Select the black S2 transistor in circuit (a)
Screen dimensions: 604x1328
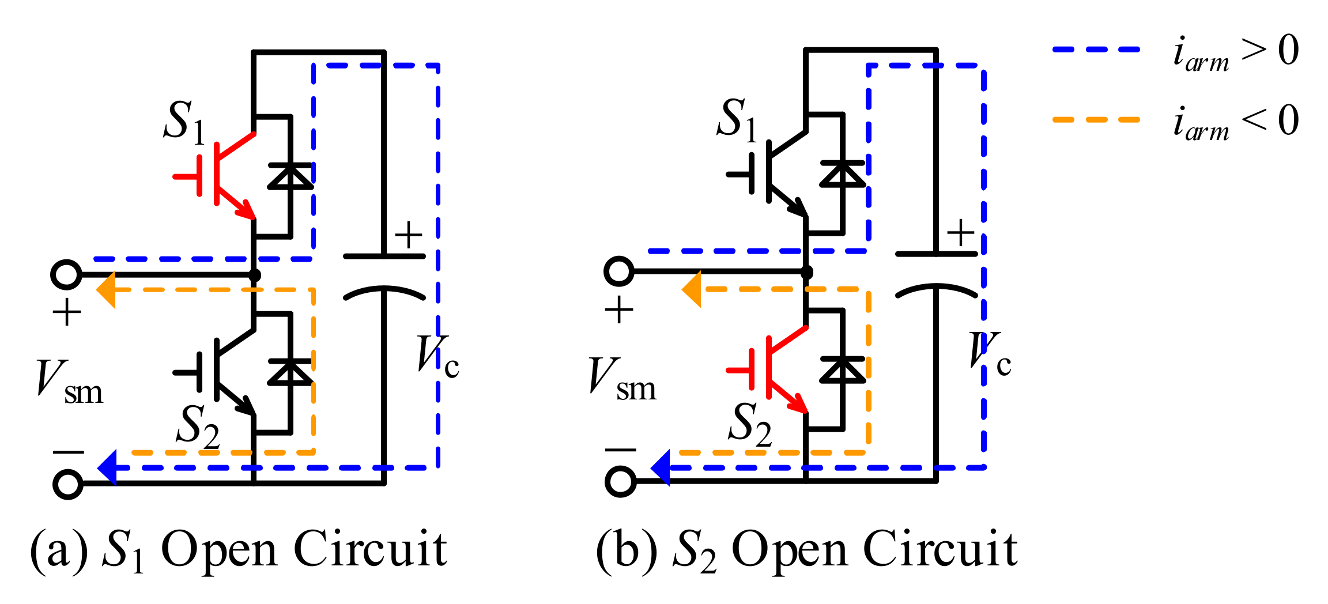pyautogui.click(x=219, y=372)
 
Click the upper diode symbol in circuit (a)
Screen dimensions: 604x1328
pyautogui.click(x=290, y=176)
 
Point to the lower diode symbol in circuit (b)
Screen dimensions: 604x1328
pyautogui.click(x=843, y=369)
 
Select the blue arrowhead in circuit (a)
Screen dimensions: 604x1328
pyautogui.click(x=108, y=467)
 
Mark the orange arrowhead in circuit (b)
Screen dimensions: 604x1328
pyautogui.click(x=692, y=289)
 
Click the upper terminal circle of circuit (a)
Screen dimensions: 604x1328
pyautogui.click(x=66, y=274)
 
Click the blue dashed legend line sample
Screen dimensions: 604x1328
pyautogui.click(x=1096, y=50)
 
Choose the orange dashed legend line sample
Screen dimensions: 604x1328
pyautogui.click(x=1096, y=120)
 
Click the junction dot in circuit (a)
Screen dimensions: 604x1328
pyautogui.click(x=254, y=275)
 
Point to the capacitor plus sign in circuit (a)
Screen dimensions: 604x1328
pyautogui.click(x=408, y=235)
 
